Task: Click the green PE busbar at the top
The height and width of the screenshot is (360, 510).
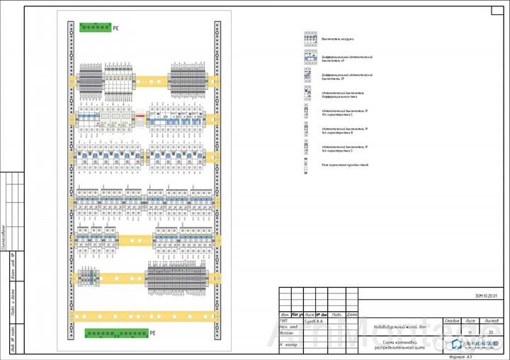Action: (94, 28)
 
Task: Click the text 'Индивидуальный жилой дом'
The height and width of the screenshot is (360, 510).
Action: (400, 327)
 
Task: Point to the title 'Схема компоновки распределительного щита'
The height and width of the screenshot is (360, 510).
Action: (400, 346)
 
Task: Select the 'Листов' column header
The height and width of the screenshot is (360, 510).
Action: (492, 320)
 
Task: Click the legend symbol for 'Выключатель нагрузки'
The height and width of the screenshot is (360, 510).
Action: (309, 39)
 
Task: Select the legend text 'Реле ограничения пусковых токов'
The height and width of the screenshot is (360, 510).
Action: (345, 164)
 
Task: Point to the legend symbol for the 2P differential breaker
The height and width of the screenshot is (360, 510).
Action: (309, 74)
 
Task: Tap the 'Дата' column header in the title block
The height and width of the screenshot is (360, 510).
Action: (352, 314)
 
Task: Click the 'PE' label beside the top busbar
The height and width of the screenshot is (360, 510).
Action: (115, 28)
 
